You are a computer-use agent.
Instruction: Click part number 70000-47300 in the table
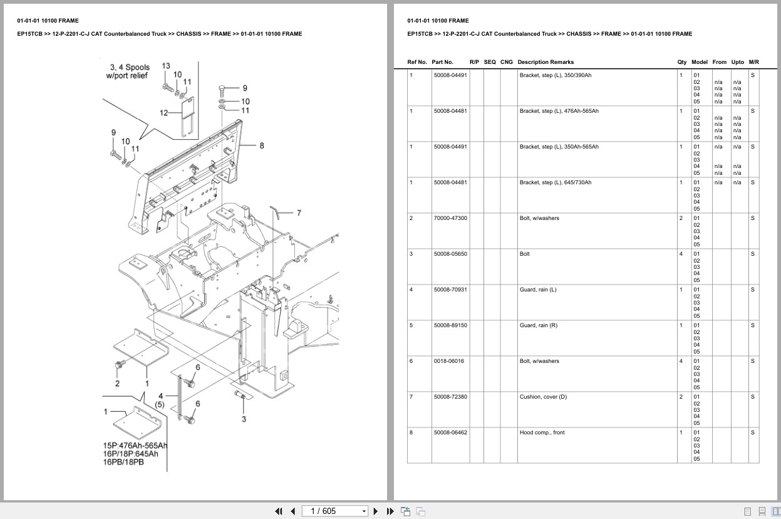(x=450, y=218)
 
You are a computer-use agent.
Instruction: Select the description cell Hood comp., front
(x=542, y=432)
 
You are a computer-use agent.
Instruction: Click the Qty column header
(x=681, y=62)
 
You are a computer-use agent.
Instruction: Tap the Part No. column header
(x=442, y=62)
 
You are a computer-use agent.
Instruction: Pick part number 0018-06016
(x=448, y=361)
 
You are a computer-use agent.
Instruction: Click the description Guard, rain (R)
(x=538, y=325)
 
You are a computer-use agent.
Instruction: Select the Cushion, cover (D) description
(x=542, y=397)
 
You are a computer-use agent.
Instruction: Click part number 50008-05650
(x=450, y=254)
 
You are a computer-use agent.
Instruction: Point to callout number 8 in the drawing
(x=261, y=145)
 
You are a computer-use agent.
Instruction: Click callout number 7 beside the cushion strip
(x=299, y=213)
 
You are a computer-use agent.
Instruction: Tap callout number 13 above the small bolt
(x=166, y=66)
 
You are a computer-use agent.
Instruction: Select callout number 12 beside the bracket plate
(x=164, y=113)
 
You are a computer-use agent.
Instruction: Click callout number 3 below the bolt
(x=244, y=419)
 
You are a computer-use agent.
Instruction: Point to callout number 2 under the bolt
(x=117, y=383)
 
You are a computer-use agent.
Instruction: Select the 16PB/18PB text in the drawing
(x=123, y=462)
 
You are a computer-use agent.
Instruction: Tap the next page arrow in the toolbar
(x=376, y=511)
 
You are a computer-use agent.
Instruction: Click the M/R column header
(x=753, y=62)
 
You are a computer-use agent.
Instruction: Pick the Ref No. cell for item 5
(x=411, y=325)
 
